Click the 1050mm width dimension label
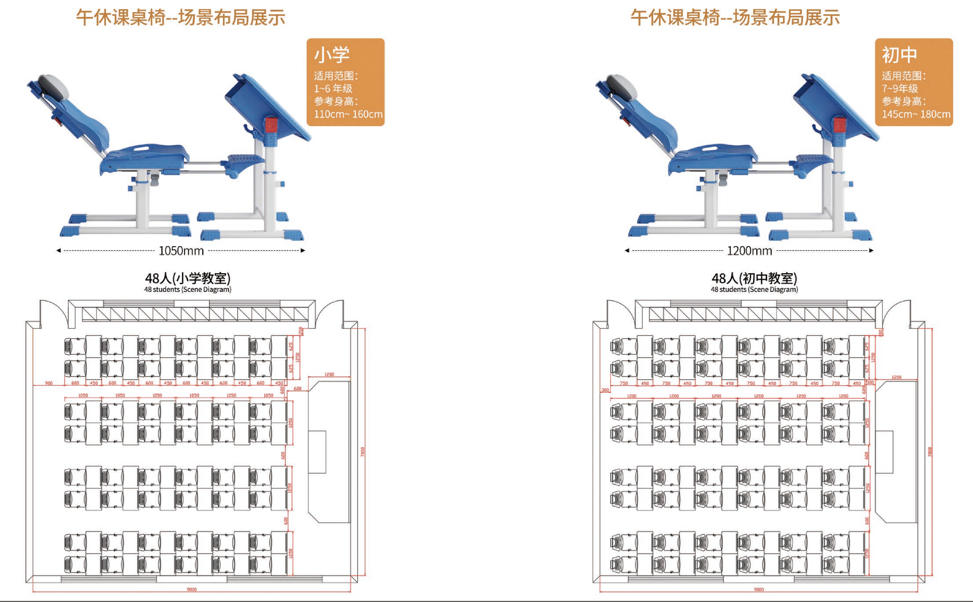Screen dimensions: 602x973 [x=181, y=251]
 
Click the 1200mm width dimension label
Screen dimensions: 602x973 [x=750, y=251]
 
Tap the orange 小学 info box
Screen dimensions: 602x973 [x=346, y=82]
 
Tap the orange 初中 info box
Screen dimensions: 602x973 [x=914, y=82]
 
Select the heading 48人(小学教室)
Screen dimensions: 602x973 [x=188, y=278]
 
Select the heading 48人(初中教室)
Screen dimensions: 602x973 [x=754, y=278]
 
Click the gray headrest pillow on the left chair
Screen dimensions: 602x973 [x=53, y=87]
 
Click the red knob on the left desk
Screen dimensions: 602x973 [x=271, y=125]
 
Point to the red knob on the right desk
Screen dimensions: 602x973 [x=840, y=125]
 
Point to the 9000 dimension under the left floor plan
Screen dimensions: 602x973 [x=192, y=589]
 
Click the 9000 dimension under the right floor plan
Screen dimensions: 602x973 [x=759, y=589]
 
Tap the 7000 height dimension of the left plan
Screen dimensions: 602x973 [x=362, y=451]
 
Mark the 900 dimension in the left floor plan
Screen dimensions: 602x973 [x=49, y=383]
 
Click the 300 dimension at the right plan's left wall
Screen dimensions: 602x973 [x=605, y=390]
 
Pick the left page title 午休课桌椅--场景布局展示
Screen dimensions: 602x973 [x=180, y=18]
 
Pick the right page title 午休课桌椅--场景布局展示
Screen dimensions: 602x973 [x=735, y=18]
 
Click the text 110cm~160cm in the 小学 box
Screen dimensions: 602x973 [x=348, y=115]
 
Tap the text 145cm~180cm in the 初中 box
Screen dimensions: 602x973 [x=916, y=115]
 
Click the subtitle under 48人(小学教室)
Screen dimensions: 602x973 [x=188, y=290]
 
